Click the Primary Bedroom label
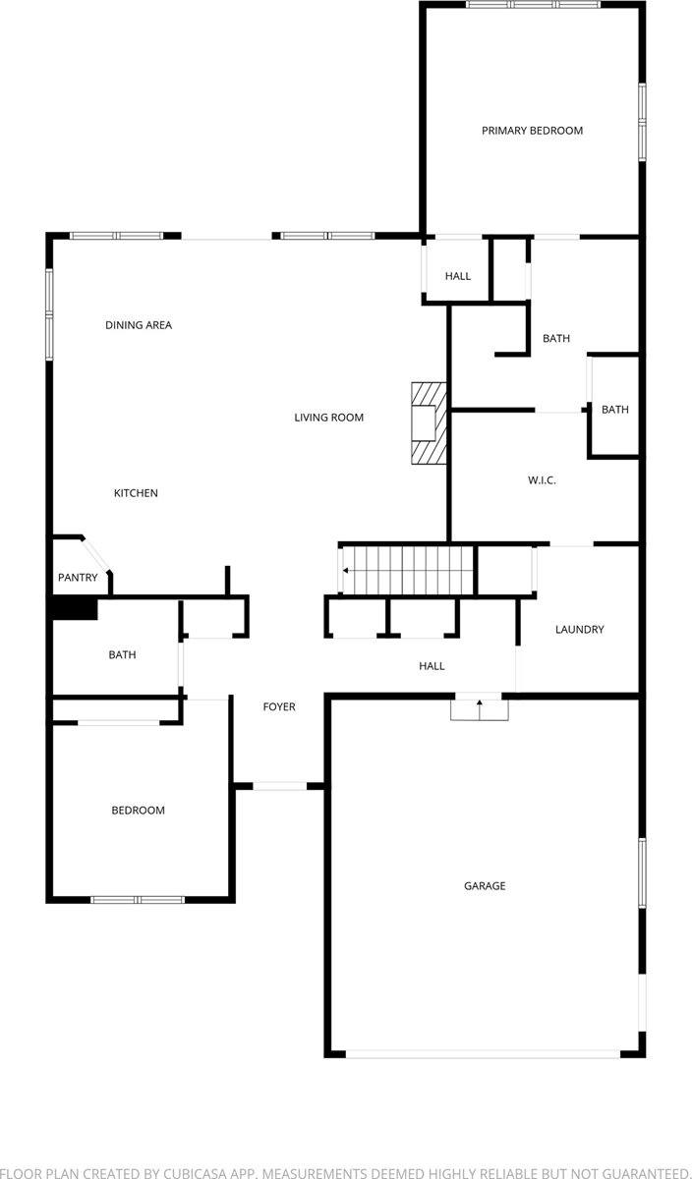[x=532, y=131]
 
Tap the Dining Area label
[x=139, y=325]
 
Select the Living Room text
[x=329, y=418]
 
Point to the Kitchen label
[x=136, y=493]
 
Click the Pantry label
[x=78, y=578]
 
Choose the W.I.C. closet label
[x=543, y=480]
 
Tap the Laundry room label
[x=579, y=630]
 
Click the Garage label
[x=485, y=886]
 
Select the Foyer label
[x=279, y=706]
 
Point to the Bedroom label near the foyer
[x=138, y=811]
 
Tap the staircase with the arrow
[x=408, y=571]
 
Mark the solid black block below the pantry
[x=75, y=609]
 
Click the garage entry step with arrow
[x=480, y=707]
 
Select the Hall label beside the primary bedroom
[x=458, y=276]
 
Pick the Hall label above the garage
[x=432, y=666]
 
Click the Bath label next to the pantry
[x=123, y=654]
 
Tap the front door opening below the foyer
[x=280, y=786]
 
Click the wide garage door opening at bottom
[x=483, y=1054]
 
